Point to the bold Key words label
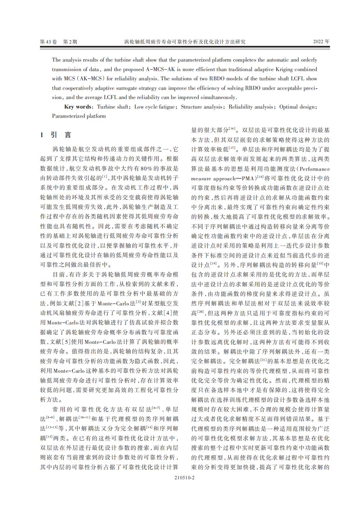click(x=78, y=107)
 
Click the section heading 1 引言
click(x=56, y=135)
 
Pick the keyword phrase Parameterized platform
click(x=79, y=116)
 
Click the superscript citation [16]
click(x=232, y=128)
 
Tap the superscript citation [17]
click(x=232, y=148)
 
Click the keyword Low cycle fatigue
click(x=155, y=107)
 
